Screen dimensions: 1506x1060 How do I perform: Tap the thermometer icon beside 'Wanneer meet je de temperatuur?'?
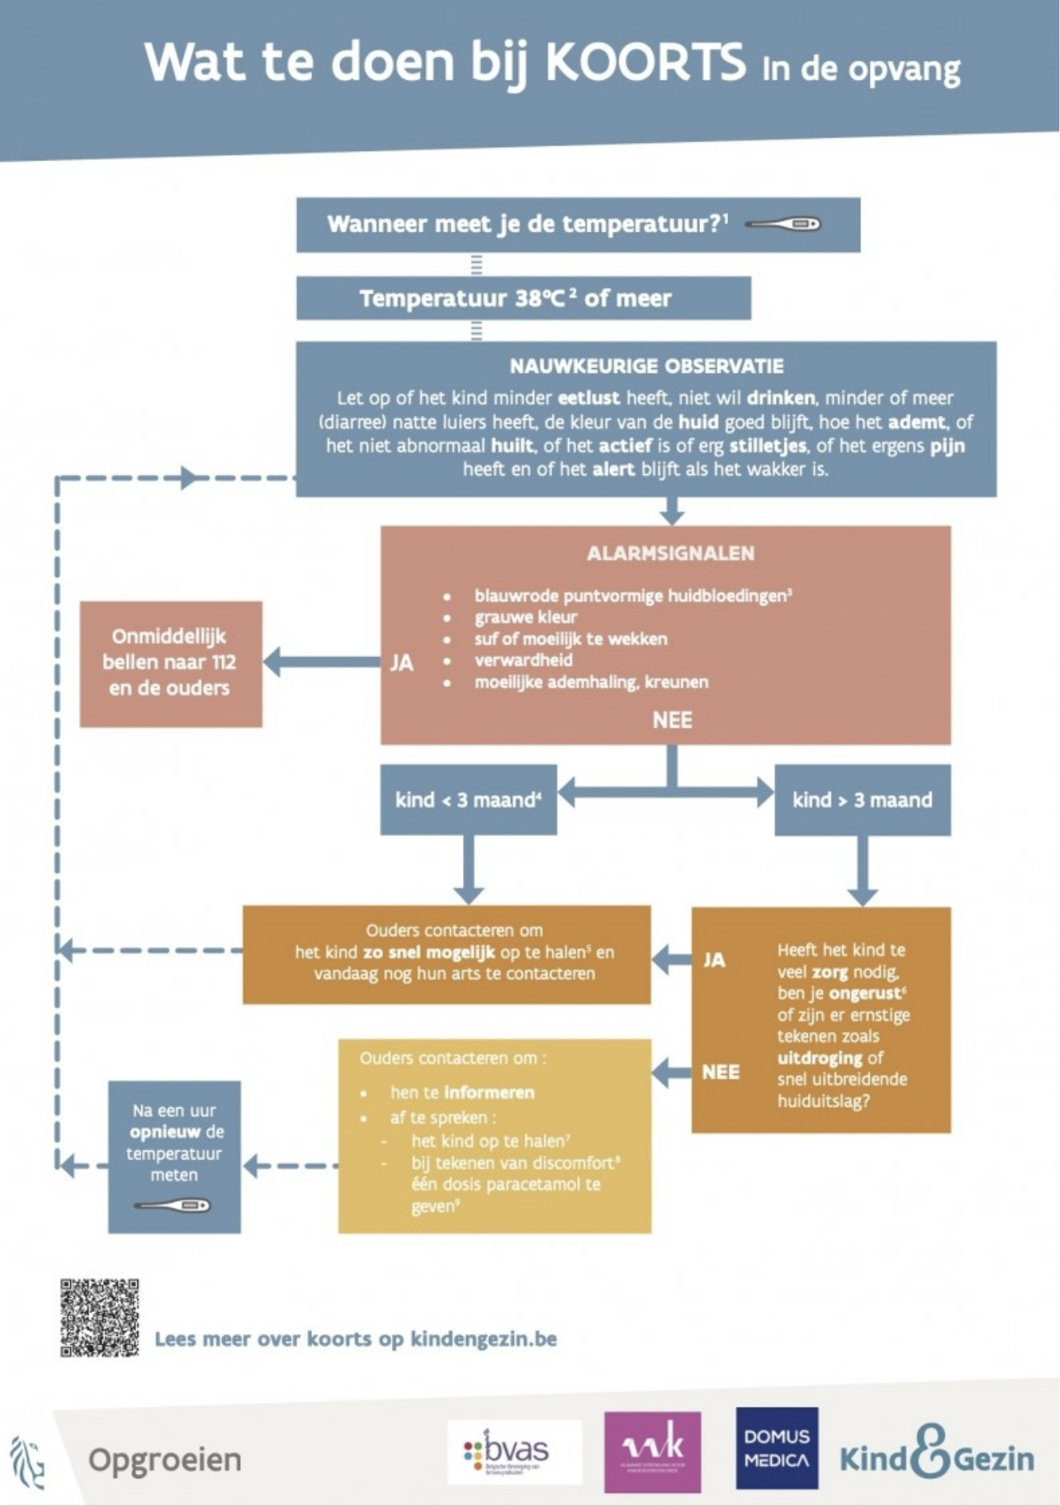click(x=783, y=224)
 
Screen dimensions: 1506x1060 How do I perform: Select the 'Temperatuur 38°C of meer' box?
click(x=523, y=299)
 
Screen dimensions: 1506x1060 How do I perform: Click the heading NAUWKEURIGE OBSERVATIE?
click(x=647, y=367)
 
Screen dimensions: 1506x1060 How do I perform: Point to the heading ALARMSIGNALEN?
click(x=670, y=553)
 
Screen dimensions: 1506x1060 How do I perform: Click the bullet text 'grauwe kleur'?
click(x=525, y=617)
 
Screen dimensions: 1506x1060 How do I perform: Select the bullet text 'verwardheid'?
click(x=523, y=660)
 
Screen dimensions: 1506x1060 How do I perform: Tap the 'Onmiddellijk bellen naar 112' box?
click(x=170, y=663)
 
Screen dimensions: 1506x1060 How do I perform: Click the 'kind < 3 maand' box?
click(x=468, y=800)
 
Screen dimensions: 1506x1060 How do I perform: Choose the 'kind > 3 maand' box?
click(x=862, y=800)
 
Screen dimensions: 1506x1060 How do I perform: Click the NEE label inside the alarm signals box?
click(x=672, y=720)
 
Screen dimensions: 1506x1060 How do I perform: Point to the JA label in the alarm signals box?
click(x=401, y=663)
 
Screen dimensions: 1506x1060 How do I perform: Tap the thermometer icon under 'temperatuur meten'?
click(x=172, y=1205)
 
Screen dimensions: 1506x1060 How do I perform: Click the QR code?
click(x=100, y=1318)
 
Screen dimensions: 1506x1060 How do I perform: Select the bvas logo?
click(x=515, y=1451)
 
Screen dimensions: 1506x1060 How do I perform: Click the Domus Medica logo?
click(x=777, y=1449)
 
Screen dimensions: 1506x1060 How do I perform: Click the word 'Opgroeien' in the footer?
click(x=164, y=1460)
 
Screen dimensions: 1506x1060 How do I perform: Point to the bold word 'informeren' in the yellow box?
click(x=489, y=1092)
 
